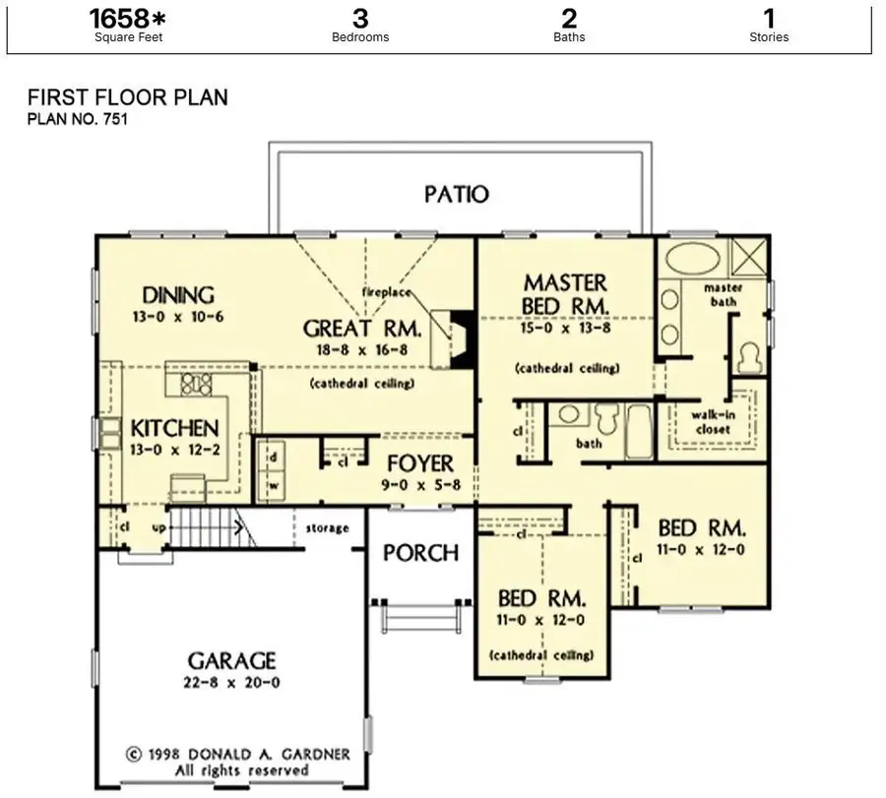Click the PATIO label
(x=457, y=194)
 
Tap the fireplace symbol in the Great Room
(x=462, y=339)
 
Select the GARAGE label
(x=232, y=660)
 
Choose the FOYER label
(x=420, y=463)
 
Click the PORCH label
(x=421, y=553)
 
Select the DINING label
(x=178, y=295)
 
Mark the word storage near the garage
(x=326, y=528)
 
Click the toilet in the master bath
(x=750, y=355)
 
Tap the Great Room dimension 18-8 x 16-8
(x=361, y=349)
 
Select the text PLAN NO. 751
(x=78, y=120)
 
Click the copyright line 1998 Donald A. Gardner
(x=237, y=755)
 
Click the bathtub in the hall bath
(x=639, y=430)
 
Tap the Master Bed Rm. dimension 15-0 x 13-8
(x=565, y=332)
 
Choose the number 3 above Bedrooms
(x=360, y=18)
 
